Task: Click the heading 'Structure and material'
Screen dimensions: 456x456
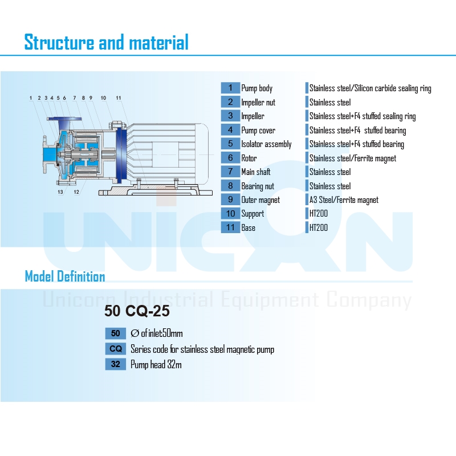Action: tap(107, 42)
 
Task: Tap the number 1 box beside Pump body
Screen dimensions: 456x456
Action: tap(230, 88)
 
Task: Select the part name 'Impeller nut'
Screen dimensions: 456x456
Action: tap(258, 103)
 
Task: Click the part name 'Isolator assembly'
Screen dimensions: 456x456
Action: tap(266, 144)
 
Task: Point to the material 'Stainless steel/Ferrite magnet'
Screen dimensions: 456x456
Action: tap(353, 158)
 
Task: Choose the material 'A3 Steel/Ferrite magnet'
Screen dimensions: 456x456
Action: tap(344, 200)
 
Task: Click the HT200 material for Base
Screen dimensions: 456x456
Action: tap(319, 227)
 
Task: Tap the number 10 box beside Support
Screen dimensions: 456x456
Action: tap(230, 213)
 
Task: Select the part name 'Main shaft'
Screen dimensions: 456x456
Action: tap(256, 172)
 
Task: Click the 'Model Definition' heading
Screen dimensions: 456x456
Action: tap(65, 276)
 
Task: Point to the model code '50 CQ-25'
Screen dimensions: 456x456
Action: tap(137, 311)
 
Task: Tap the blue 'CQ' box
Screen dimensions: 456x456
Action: tap(116, 349)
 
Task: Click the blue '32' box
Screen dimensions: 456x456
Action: tap(116, 364)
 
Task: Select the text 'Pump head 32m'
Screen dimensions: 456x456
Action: tap(156, 364)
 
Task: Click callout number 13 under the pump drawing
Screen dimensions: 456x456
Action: tap(60, 192)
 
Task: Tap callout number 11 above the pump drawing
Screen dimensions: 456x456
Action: tap(119, 98)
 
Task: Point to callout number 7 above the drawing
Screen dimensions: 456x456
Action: tap(75, 98)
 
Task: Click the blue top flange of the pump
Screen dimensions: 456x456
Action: tap(64, 119)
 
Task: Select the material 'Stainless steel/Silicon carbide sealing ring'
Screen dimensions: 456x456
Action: tap(370, 88)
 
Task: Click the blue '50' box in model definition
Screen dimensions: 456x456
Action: tap(116, 333)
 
